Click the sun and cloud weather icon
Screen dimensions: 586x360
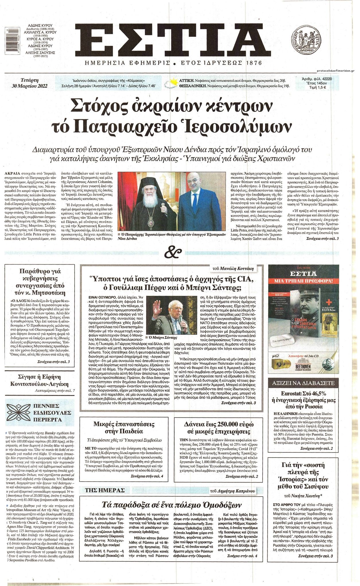(170, 83)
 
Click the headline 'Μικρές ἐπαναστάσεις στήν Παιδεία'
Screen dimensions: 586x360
(124, 427)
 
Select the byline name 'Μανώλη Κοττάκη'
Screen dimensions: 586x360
(238, 268)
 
